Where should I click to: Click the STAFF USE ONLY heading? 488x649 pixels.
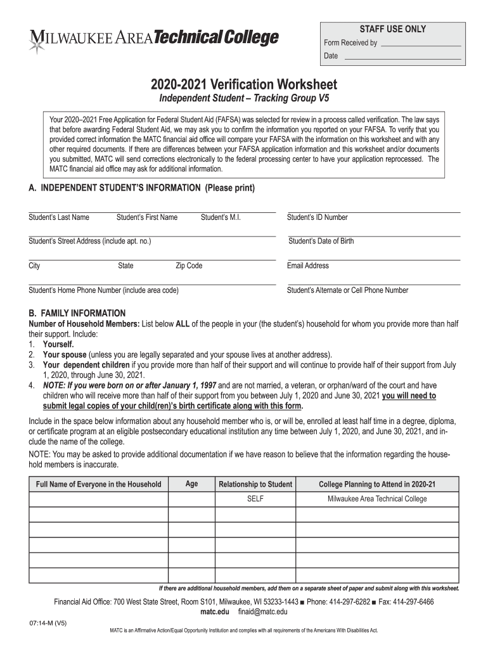tap(393, 29)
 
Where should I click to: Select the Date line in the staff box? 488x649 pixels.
tap(401, 56)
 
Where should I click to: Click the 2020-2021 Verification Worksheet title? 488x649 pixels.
tap(244, 85)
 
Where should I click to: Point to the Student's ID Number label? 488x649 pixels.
tap(317, 217)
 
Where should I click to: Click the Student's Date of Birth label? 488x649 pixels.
tap(321, 241)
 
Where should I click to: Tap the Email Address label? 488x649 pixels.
tap(308, 266)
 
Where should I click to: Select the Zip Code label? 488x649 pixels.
tap(189, 266)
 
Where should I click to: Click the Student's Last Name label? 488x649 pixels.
tap(59, 217)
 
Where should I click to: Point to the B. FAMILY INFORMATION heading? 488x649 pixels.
tap(77, 314)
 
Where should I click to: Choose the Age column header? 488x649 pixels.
tap(191, 484)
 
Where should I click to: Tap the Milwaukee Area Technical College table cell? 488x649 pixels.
tap(377, 499)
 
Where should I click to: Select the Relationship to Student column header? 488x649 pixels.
tap(255, 485)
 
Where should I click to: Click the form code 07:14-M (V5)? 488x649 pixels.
tap(48, 624)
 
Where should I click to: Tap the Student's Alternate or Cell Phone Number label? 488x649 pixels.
tap(347, 290)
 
